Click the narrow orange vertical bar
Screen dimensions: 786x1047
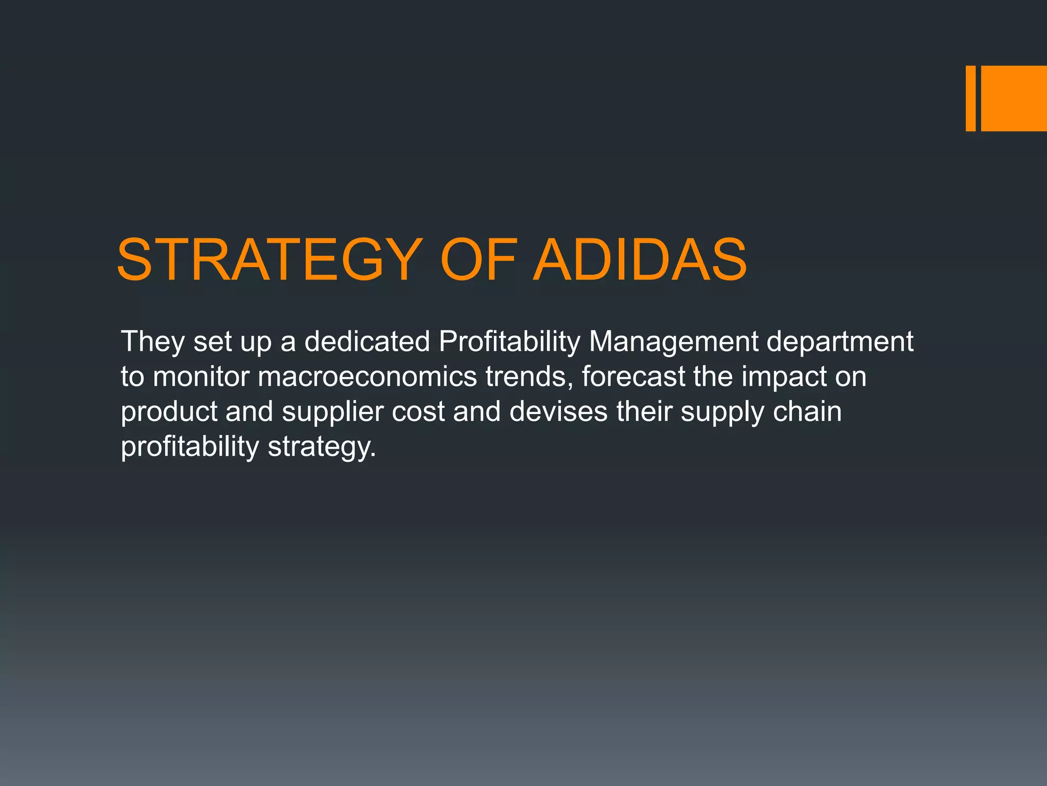(x=970, y=98)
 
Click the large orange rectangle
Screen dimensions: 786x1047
(x=1014, y=98)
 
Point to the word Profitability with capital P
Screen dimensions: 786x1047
(x=509, y=342)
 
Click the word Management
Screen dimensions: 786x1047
(x=674, y=342)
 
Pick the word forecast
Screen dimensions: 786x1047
(x=633, y=377)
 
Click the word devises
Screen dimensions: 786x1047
(x=558, y=412)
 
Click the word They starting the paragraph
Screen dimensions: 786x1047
(x=152, y=342)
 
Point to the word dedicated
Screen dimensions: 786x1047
(x=367, y=342)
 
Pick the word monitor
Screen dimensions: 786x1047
(x=200, y=377)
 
